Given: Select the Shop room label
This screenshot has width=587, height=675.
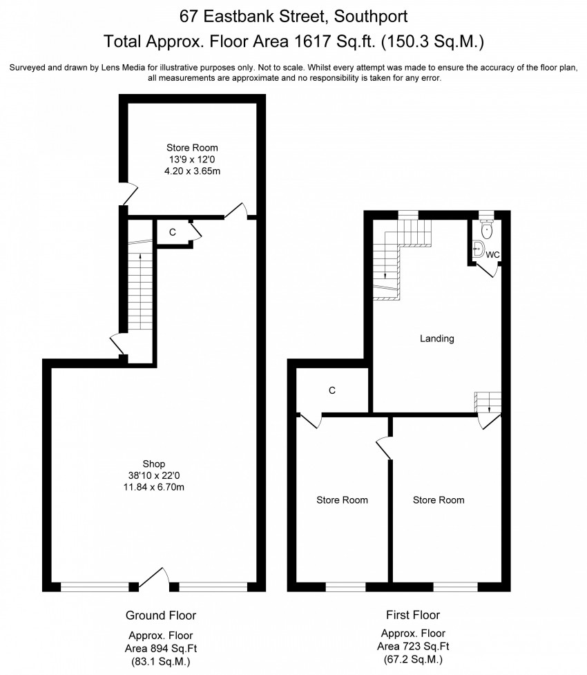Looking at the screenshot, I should pos(153,463).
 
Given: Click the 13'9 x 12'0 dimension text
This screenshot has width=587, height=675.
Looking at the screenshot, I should pos(192,159).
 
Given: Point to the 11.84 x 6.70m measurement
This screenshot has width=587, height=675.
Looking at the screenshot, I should pos(153,488).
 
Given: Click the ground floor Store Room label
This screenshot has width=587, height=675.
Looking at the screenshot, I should pos(192,147).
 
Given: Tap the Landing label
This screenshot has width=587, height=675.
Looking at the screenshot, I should pos(437,339).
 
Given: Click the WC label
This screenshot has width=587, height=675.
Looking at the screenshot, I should pos(492,255).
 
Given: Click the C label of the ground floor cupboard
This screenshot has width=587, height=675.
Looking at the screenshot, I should pos(173,233).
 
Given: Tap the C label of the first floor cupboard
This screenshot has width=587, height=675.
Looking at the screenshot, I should pos(332,390).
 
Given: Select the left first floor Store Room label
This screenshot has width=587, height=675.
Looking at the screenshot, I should pos(342,500).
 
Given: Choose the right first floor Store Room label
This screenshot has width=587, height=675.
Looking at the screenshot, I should pos(439,500).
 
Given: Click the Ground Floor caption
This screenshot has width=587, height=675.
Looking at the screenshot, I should pos(160,615).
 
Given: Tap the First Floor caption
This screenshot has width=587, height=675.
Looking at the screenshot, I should pos(412,615).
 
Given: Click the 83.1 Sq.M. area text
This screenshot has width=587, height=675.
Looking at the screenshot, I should pos(160,660).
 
